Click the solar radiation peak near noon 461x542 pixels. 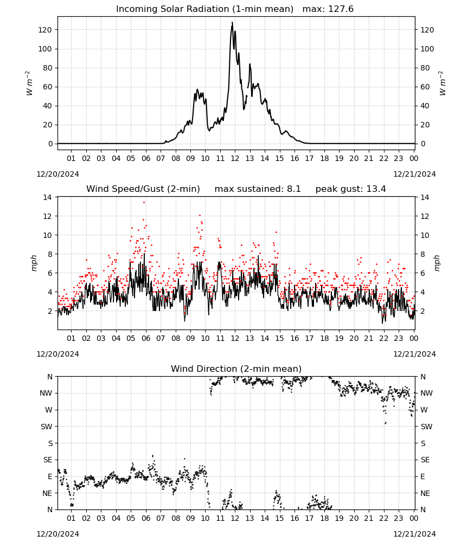233,22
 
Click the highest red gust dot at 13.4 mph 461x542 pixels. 144,203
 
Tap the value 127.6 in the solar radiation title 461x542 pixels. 341,9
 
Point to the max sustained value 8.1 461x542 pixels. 293,189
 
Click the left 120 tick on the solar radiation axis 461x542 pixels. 45,30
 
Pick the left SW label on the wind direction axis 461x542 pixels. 47,427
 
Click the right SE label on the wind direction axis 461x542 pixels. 425,460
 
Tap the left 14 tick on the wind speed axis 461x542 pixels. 47,197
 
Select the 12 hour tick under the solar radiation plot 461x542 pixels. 235,158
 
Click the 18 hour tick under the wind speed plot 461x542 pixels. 324,338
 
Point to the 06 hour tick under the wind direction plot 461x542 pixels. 146,519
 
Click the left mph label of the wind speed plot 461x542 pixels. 34,263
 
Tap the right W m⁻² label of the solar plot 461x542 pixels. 443,83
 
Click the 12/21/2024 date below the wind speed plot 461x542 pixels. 414,354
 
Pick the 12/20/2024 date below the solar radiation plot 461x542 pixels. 57,174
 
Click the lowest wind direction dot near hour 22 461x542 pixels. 386,423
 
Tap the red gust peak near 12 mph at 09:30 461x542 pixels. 200,215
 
